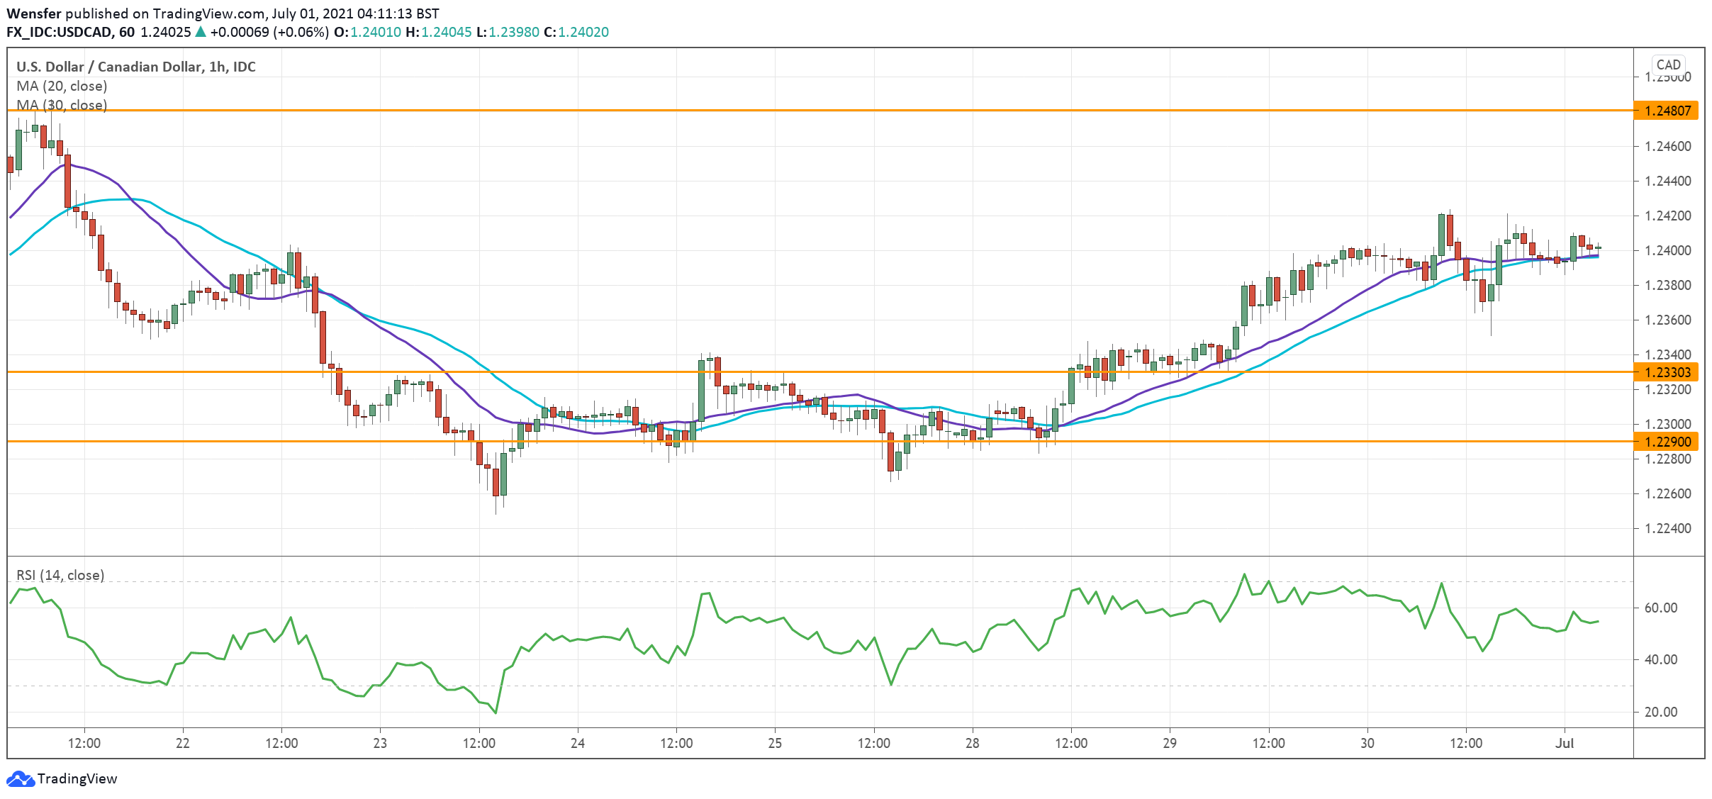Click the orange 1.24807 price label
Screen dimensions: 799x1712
click(x=1666, y=111)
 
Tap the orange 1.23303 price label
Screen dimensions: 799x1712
click(x=1666, y=372)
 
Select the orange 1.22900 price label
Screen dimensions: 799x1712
click(x=1666, y=442)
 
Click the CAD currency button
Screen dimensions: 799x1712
click(x=1668, y=65)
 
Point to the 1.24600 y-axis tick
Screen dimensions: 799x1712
click(x=1667, y=146)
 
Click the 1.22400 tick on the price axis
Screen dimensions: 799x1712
click(x=1667, y=528)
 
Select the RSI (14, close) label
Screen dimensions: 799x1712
click(x=60, y=575)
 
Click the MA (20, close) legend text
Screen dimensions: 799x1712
click(x=62, y=86)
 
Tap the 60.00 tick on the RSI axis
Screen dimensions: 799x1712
click(x=1660, y=608)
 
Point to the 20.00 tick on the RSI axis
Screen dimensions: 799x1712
click(x=1660, y=712)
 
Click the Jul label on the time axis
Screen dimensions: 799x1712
click(x=1564, y=743)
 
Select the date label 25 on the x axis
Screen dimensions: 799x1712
click(x=775, y=743)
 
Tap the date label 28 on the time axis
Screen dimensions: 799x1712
click(x=972, y=743)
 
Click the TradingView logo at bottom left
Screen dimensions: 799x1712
click(x=62, y=778)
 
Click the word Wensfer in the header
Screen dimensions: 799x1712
click(x=33, y=13)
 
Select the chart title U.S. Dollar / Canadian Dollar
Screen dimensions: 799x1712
click(x=108, y=67)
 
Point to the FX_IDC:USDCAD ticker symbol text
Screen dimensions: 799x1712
click(x=60, y=32)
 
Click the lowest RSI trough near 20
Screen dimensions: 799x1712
click(x=496, y=713)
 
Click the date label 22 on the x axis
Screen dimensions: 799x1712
click(x=182, y=743)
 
